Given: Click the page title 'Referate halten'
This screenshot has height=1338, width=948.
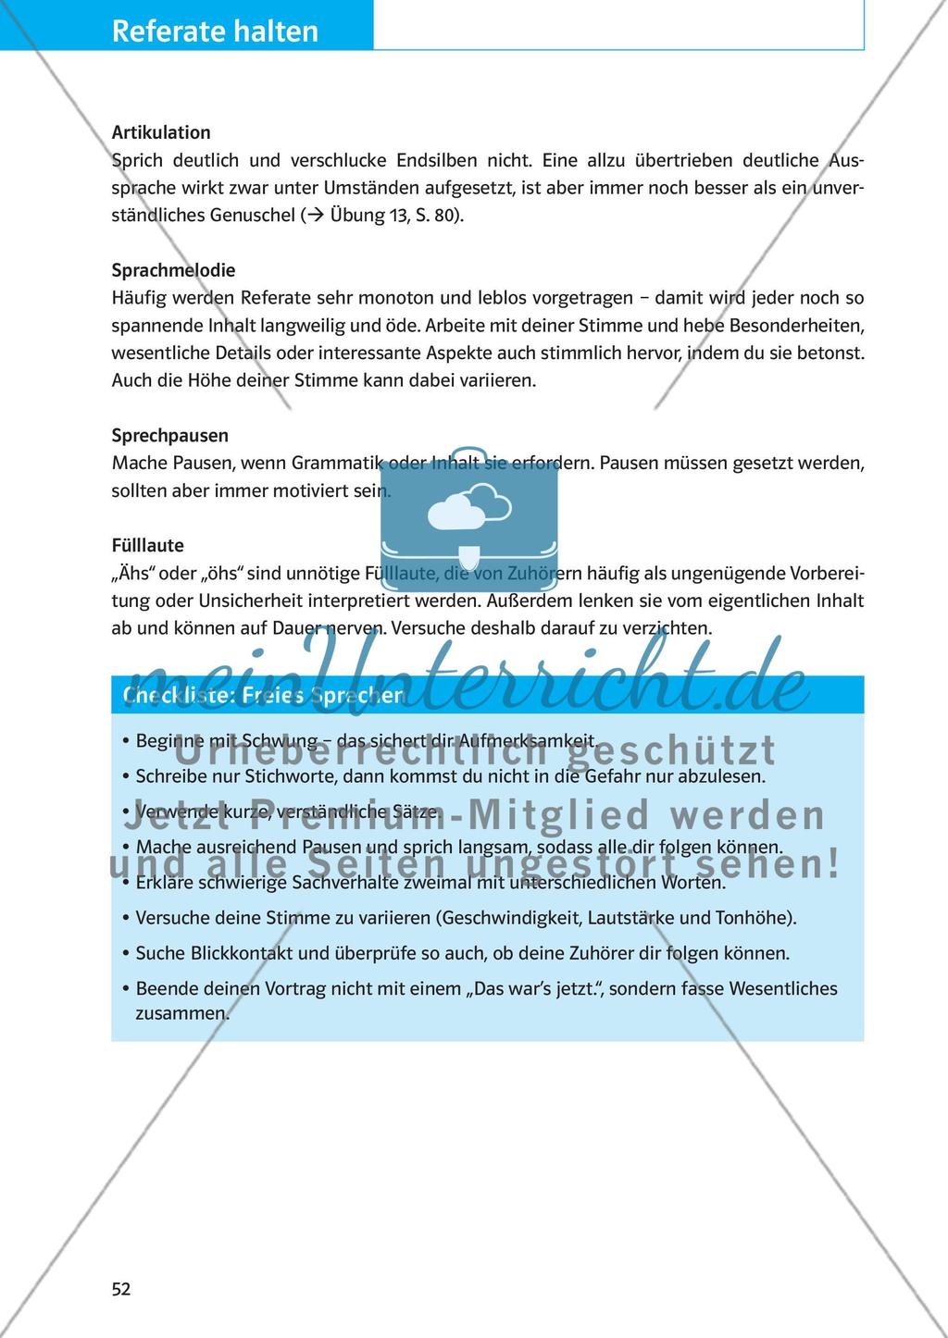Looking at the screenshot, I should point(215,31).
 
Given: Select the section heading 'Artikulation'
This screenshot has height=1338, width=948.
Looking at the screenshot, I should point(161,132).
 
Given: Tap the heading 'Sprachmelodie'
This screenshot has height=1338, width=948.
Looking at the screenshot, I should point(173,270).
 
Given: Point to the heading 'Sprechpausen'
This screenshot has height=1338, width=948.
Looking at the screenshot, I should point(169,435).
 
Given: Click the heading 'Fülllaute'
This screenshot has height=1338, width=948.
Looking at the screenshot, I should point(147,545).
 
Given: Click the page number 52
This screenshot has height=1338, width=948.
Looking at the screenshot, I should point(121,1289).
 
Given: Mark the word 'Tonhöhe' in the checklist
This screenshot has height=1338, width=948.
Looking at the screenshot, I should point(755,918).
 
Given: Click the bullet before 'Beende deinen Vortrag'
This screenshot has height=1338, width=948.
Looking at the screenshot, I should point(124,988).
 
